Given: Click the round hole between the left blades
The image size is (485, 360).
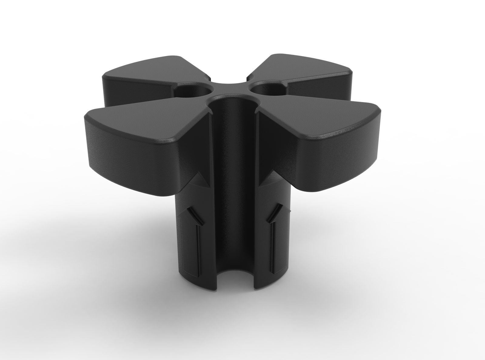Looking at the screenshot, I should click(x=194, y=90).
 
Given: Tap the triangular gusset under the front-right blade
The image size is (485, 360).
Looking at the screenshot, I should click(x=267, y=179).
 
